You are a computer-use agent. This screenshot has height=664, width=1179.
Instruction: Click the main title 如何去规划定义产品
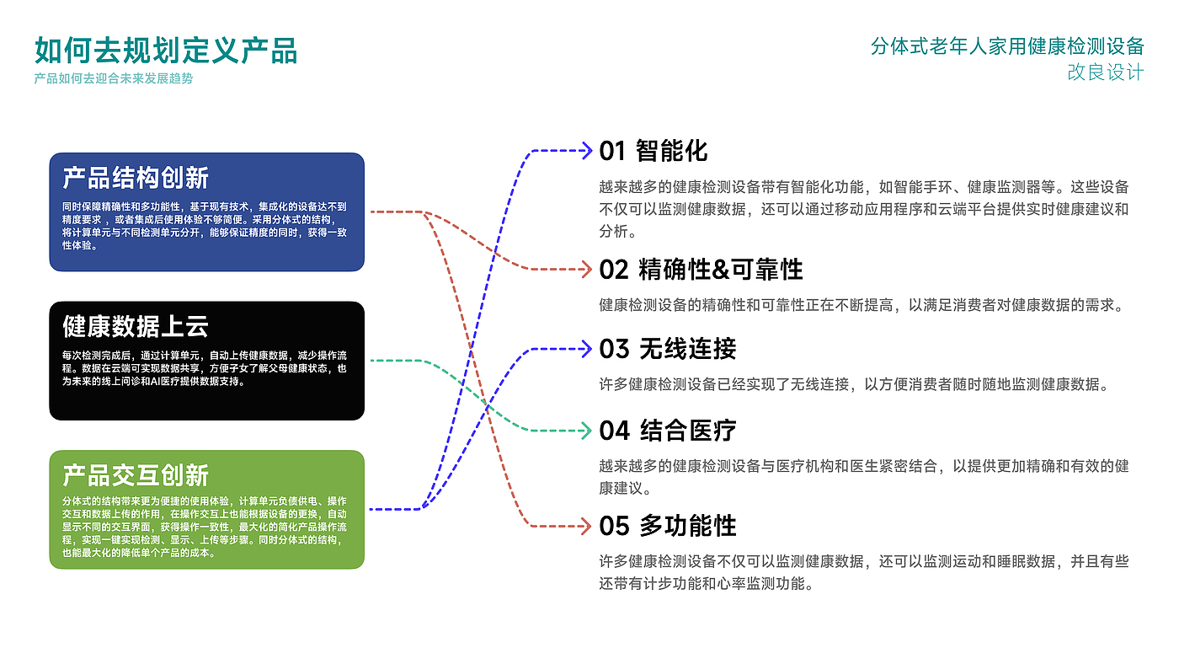166,51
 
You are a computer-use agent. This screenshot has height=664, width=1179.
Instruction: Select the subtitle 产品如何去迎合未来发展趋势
113,78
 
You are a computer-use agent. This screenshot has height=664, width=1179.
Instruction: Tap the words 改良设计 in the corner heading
1105,72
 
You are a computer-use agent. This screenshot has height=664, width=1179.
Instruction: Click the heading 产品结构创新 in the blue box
136,178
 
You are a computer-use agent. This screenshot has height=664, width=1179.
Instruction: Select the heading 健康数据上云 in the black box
136,326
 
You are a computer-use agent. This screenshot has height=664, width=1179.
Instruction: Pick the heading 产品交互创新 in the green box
136,475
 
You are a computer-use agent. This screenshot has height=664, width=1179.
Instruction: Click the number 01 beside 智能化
612,151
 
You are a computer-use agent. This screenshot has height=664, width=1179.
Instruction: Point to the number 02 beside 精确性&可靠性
614,270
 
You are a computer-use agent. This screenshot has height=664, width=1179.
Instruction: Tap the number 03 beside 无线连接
614,349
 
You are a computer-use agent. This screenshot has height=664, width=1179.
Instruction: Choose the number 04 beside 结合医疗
614,431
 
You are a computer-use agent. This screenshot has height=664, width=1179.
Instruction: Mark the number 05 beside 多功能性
614,526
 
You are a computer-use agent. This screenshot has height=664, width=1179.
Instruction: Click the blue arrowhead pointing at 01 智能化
587,151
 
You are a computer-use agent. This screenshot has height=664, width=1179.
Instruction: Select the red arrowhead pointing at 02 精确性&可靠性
587,270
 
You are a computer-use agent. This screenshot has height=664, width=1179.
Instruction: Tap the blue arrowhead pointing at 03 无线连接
587,349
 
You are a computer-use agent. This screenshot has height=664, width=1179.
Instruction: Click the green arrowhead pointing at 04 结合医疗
587,431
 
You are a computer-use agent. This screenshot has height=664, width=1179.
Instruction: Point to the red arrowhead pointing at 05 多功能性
587,526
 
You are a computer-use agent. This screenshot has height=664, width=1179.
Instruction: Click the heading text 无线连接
687,349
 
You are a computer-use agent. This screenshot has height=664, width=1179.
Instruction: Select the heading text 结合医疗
688,431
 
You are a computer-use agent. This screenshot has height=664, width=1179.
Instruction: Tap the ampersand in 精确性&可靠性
720,270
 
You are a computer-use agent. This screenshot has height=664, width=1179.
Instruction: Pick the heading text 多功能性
688,526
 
